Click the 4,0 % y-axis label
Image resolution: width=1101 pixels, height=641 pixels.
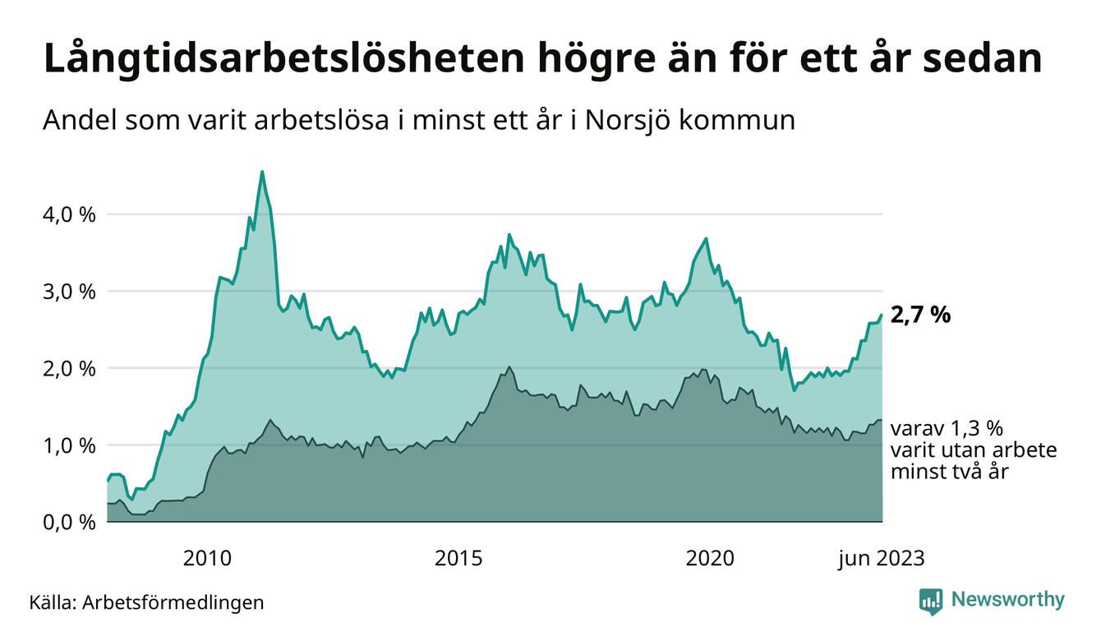[x=68, y=214]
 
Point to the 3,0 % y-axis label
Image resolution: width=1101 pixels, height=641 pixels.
[x=68, y=292]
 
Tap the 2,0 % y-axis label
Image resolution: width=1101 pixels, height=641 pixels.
[x=68, y=369]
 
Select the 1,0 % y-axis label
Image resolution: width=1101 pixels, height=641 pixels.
[x=68, y=445]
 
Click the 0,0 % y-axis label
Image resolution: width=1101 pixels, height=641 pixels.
[x=68, y=523]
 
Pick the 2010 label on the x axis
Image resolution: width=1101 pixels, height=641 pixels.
[x=207, y=559]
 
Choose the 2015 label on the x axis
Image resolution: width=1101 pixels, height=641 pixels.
[x=458, y=559]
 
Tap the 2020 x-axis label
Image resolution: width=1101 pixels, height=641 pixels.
[x=710, y=559]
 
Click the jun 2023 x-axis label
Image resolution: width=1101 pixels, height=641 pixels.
[x=882, y=559]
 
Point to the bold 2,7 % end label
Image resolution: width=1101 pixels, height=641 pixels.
[x=920, y=315]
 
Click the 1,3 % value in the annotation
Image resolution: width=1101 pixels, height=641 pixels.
[x=976, y=429]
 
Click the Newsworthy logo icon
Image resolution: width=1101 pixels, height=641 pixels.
[x=931, y=601]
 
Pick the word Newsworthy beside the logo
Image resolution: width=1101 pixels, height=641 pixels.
[x=1007, y=600]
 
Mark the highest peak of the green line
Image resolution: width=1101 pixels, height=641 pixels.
[x=262, y=172]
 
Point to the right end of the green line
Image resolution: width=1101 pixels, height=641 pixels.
[x=882, y=315]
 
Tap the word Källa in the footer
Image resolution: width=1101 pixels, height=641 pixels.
[x=51, y=602]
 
